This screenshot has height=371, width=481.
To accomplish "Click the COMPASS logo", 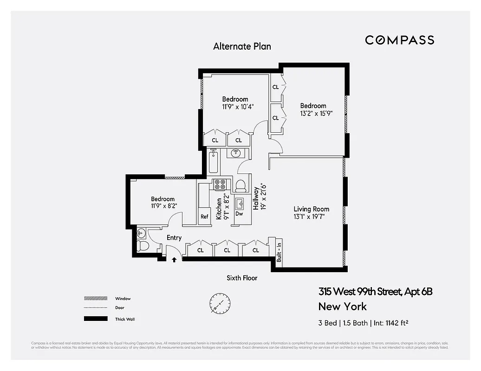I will pos(399,40).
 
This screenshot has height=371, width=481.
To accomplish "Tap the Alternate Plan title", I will pos(242,46).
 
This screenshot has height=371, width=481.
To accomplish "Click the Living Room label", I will pos(311,209).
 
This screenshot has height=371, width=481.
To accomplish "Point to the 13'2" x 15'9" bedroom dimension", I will pos(316,113).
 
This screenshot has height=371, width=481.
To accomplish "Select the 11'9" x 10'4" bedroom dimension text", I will pos(235,106).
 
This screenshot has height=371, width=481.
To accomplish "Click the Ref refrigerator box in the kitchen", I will pos(204,217).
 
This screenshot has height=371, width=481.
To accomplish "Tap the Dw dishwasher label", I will pos(239,214).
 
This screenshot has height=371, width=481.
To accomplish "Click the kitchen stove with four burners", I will pos(219,184).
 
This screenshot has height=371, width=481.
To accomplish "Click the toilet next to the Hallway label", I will pos(240,185).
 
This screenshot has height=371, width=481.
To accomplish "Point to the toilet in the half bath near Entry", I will pos(143,246).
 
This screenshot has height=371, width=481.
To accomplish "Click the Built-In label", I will pos(279,251).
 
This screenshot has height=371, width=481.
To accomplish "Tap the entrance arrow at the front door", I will pos(174,260).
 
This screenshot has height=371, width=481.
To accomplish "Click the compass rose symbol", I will pos(219,304).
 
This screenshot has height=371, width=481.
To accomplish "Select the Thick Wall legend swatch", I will pos(95,319).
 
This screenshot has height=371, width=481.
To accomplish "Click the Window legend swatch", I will pos(95,299).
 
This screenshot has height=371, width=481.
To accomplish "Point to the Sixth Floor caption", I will pos(242,278).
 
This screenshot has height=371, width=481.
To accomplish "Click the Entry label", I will pos(174,238).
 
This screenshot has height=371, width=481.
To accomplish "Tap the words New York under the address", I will pos(342,307).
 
